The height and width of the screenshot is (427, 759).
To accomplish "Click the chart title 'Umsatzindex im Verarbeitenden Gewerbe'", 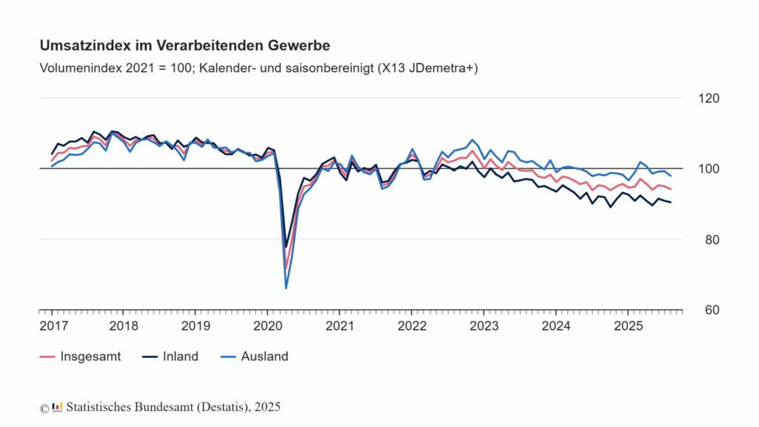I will click(x=185, y=46).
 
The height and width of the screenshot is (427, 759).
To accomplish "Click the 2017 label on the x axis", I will click(x=51, y=326).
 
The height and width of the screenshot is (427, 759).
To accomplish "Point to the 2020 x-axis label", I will click(x=267, y=326).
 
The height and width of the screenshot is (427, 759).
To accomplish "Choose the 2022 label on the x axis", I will click(x=411, y=326).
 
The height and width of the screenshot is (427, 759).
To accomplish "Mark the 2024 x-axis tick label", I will click(x=556, y=326).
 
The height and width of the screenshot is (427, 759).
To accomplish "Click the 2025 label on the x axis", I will click(x=628, y=326).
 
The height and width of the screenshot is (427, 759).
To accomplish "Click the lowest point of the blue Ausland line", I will click(x=286, y=288).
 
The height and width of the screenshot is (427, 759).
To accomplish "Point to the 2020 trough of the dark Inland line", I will click(x=286, y=247).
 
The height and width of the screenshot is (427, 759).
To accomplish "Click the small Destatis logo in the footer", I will click(x=57, y=407).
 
